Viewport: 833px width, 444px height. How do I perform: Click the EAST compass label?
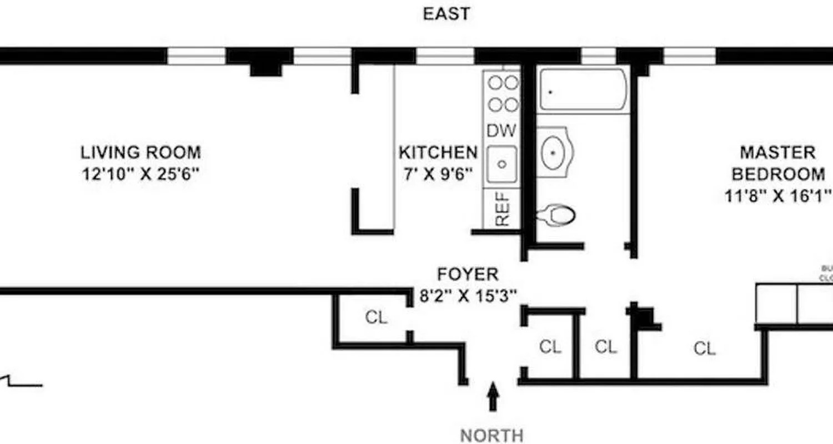(x=446, y=13)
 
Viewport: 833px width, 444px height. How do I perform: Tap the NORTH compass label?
(x=491, y=435)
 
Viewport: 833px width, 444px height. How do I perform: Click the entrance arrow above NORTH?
(x=493, y=396)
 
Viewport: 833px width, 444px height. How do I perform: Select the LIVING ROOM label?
(x=140, y=152)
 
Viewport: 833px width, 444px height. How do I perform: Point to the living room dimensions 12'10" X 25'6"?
(x=140, y=174)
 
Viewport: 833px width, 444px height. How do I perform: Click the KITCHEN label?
(x=438, y=152)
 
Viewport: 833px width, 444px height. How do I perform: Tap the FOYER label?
(x=468, y=274)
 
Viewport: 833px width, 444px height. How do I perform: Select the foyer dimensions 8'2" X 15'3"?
(x=468, y=296)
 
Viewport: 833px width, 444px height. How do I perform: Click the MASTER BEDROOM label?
(x=777, y=163)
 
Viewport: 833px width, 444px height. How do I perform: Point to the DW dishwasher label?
(x=501, y=131)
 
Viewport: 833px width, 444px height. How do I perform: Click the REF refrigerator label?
(x=502, y=209)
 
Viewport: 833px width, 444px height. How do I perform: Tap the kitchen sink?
(x=501, y=164)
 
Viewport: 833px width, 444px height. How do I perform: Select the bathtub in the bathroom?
(x=583, y=90)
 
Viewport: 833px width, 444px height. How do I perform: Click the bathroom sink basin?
(x=553, y=152)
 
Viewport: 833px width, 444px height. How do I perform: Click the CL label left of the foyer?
(x=376, y=317)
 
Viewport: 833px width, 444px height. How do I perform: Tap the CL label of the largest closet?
(x=704, y=349)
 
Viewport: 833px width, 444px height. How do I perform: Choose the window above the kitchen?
(x=445, y=56)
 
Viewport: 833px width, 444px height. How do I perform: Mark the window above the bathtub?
(x=598, y=56)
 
